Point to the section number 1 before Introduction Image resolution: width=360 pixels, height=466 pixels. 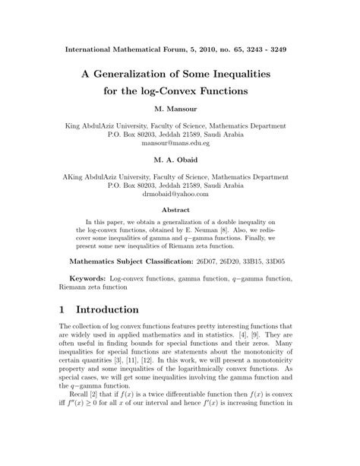[x=63, y=310]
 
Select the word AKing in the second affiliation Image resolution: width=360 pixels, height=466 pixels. [x=79, y=176]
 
